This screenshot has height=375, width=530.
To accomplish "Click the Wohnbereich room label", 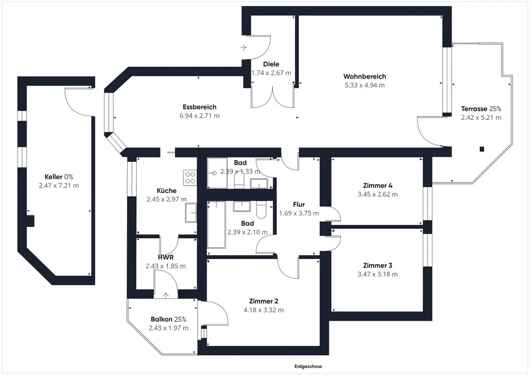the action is [x=365, y=76].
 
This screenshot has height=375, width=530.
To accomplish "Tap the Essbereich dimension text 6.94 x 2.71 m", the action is [x=199, y=116].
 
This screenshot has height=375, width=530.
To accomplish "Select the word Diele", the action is [x=271, y=64].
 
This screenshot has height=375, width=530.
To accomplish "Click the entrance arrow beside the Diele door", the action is [x=243, y=47].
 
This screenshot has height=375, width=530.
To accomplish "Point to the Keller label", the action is [x=54, y=177].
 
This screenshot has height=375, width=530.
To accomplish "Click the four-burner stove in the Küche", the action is [x=190, y=178].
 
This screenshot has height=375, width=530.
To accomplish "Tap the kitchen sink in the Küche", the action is [x=191, y=213].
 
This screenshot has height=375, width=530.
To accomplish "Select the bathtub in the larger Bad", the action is [x=216, y=224].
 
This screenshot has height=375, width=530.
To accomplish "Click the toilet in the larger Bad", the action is [x=261, y=210].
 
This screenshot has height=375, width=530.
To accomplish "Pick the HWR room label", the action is [x=165, y=257].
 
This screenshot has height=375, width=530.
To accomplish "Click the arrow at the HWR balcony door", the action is [x=165, y=295].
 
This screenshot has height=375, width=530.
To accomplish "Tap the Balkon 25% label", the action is [x=169, y=319].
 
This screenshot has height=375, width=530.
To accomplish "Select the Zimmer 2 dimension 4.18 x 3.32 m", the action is [x=263, y=310].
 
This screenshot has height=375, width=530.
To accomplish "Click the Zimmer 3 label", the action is [x=377, y=265].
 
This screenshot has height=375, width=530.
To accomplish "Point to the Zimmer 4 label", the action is [x=377, y=185].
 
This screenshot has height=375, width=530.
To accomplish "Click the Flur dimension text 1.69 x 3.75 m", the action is [x=299, y=213].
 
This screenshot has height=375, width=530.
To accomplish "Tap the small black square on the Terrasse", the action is [x=482, y=149].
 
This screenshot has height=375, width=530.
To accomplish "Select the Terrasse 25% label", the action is [x=481, y=109].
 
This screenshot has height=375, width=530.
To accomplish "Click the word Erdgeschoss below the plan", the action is [x=308, y=366].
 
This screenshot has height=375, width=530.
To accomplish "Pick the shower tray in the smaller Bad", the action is [x=217, y=173].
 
